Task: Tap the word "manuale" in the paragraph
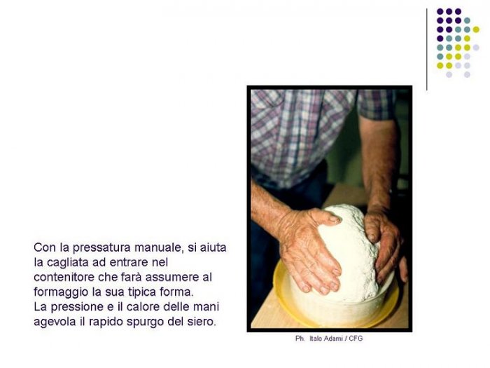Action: coord(157,247)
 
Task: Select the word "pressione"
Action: coord(78,307)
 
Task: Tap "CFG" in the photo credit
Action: coord(356,339)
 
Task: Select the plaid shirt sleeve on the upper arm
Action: coord(377,104)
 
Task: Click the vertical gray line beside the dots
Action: coord(426,50)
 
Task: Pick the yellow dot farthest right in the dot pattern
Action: coord(476,29)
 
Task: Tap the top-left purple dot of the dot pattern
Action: coord(440,12)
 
